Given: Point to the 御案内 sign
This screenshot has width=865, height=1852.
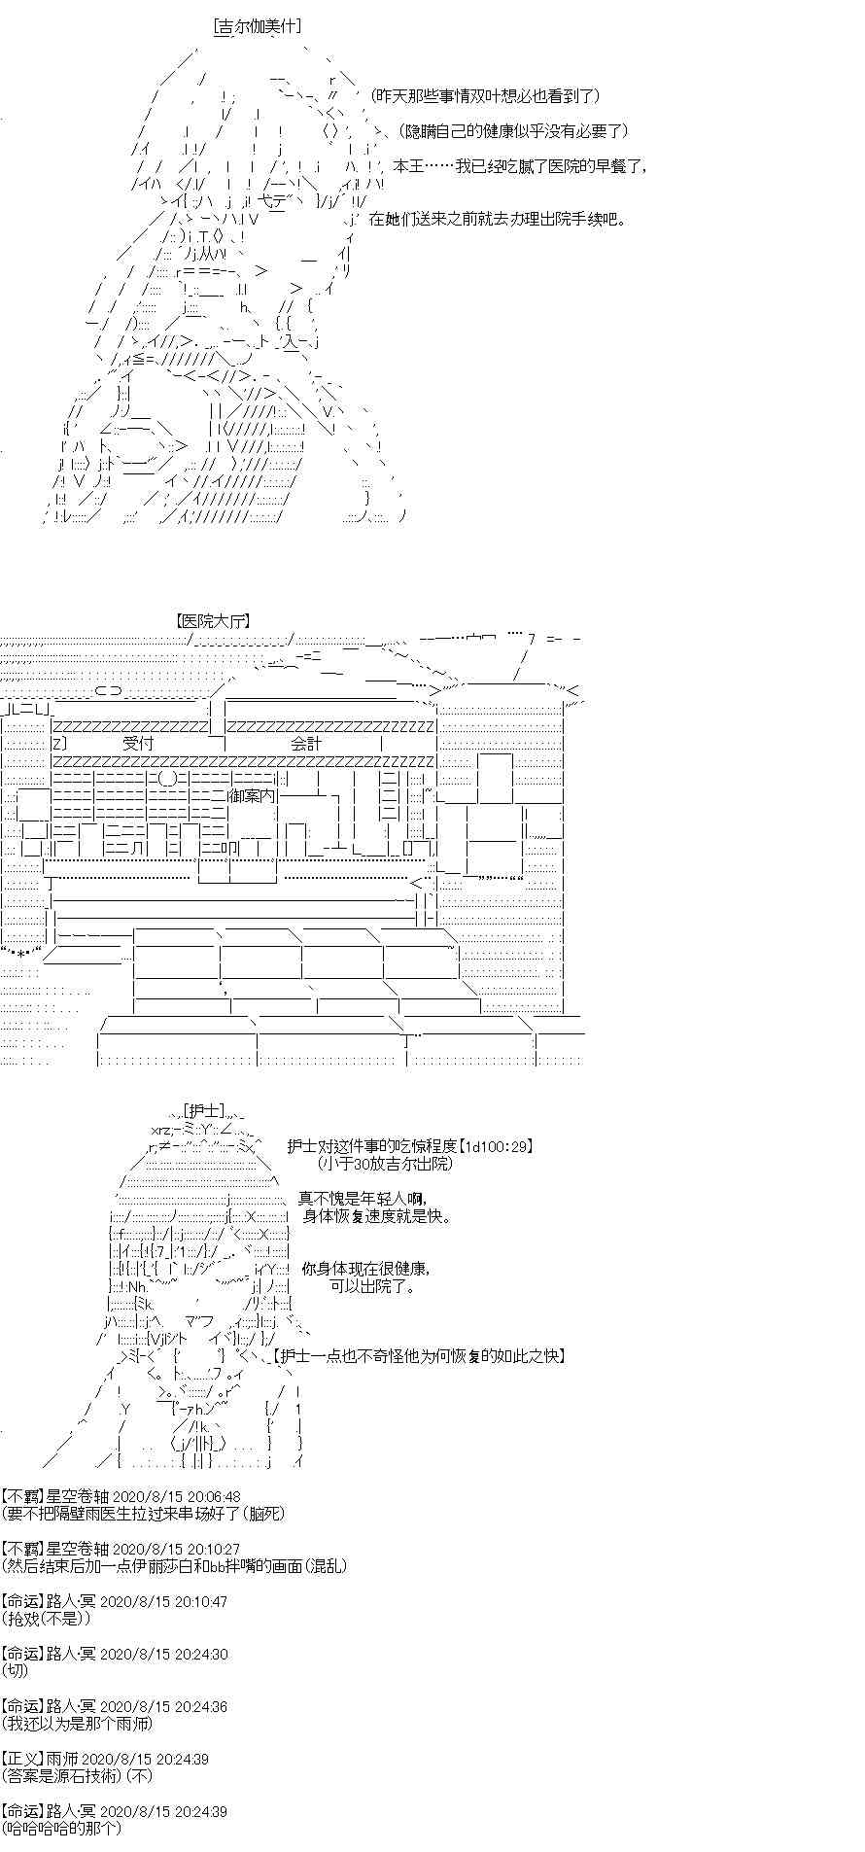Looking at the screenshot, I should point(252,794).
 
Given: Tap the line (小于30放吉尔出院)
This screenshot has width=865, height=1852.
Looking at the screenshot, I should point(385,1163).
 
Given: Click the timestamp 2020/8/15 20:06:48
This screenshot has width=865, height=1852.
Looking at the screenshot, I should point(177,1497).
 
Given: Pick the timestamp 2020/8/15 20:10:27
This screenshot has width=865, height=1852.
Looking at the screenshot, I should point(177,1549).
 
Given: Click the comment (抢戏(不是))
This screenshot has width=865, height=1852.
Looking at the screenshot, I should point(47,1618).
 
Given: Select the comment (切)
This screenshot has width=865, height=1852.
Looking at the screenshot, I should point(16,1670).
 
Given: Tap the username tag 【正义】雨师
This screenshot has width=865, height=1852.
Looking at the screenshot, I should point(40,1759).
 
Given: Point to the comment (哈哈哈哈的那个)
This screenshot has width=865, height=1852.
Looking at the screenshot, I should point(62,1828).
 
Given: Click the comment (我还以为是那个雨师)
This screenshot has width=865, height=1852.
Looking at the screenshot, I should point(77,1723).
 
